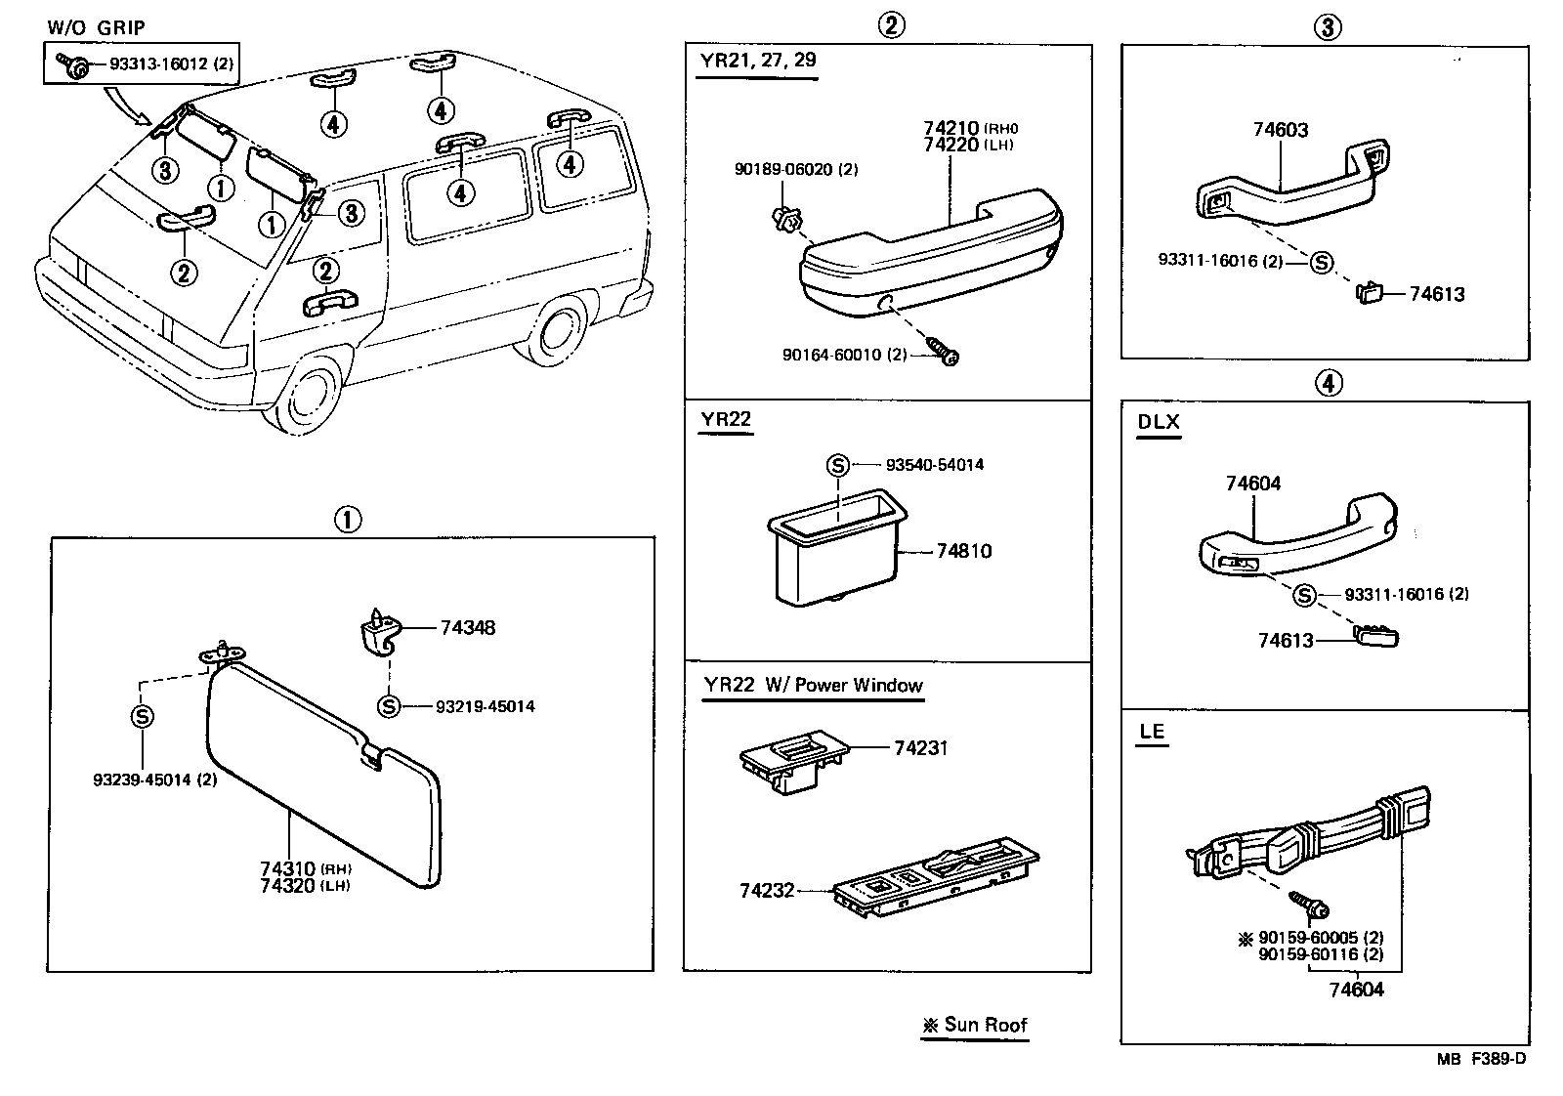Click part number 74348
coord(467,627)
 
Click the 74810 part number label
coord(963,551)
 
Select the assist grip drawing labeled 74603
coord(1289,186)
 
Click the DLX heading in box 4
coord(1159,423)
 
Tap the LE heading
coord(1152,732)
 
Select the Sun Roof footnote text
coord(975,1025)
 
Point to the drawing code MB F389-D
coord(1479,1058)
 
